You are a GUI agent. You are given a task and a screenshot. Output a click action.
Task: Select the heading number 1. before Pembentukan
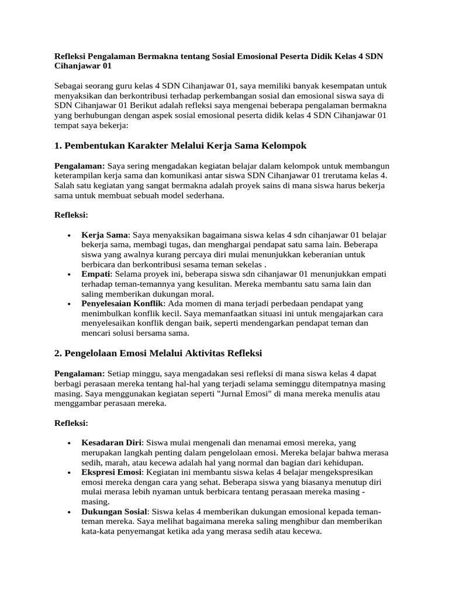coord(58,144)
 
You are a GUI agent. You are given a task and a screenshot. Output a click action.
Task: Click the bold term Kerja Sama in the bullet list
coord(104,235)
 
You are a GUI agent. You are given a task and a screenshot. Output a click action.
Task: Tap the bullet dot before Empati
coord(70,274)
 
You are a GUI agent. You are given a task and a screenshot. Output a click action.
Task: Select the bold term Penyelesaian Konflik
coord(123,304)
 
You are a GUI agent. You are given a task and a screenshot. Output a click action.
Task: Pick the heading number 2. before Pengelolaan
coord(58,353)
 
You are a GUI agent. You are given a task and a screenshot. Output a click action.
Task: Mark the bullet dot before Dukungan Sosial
coord(70,512)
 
